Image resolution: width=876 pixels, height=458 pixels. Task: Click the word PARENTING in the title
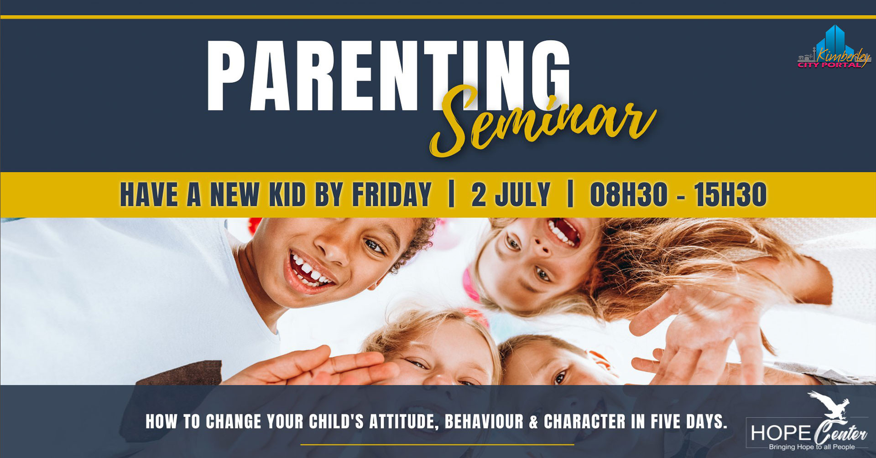389,76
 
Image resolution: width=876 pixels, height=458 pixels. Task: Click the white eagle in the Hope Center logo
829,405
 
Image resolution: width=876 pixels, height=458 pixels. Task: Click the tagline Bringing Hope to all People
812,447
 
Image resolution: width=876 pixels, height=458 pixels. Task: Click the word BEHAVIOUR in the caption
484,422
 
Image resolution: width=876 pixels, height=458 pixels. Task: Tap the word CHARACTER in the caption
584,422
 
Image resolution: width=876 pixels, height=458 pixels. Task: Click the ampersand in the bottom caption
534,422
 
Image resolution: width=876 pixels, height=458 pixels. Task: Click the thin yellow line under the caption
437,444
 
